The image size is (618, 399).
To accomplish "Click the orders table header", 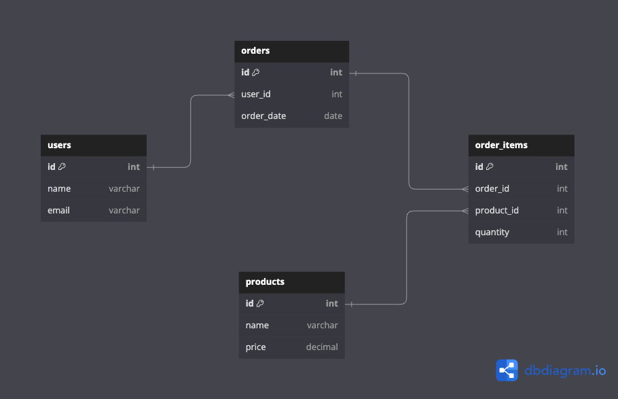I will (x=255, y=51).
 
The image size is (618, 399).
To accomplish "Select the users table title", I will (x=59, y=145).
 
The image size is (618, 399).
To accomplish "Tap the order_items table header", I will (x=501, y=145).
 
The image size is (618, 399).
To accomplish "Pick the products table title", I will (x=265, y=282).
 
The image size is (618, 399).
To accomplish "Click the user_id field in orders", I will (x=256, y=94).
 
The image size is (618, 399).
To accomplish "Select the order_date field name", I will (x=263, y=116).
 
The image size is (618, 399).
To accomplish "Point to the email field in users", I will (x=58, y=211).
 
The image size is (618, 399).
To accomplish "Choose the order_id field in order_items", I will (x=492, y=189).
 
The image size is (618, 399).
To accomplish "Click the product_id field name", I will (x=496, y=211).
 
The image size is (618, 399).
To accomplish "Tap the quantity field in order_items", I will (x=492, y=232).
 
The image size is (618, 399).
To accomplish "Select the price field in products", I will (x=255, y=347).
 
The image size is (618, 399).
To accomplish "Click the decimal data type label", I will (x=322, y=347).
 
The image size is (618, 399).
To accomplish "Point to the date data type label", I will (x=333, y=116).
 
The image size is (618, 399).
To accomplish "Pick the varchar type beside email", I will (x=124, y=211).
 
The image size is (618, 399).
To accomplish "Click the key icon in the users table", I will (x=62, y=167).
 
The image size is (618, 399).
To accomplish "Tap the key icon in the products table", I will (x=260, y=304).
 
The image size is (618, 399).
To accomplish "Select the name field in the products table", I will (x=257, y=326).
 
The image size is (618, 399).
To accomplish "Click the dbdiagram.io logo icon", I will (x=507, y=370).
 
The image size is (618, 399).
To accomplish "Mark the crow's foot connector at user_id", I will (x=230, y=94).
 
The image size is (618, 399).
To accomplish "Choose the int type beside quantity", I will (x=562, y=232).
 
